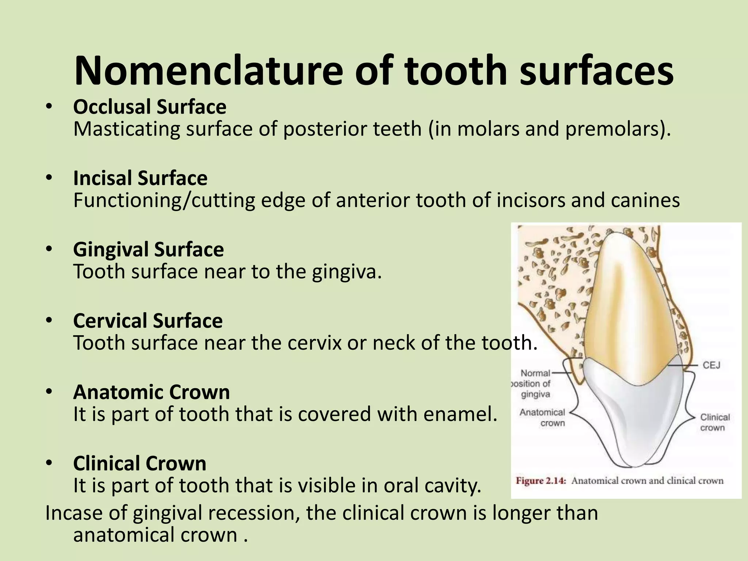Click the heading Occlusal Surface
point(150,107)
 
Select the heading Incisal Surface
point(140,178)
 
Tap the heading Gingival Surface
point(148,249)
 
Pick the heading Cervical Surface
point(148,321)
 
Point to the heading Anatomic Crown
point(151,392)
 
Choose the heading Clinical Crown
point(140,463)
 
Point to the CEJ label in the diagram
point(711,365)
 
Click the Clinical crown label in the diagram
point(715,422)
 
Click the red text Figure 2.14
point(541,481)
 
